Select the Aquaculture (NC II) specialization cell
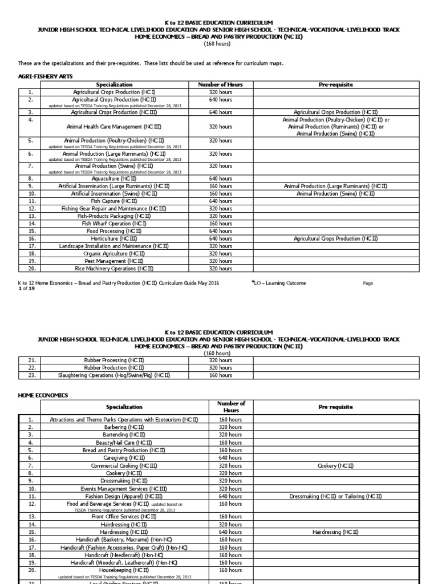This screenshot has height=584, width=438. click(114, 179)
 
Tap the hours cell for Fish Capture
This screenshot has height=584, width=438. click(220, 201)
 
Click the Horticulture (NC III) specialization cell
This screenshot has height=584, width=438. click(114, 238)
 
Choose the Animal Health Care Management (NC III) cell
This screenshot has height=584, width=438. click(114, 127)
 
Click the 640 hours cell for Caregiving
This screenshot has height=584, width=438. click(230, 458)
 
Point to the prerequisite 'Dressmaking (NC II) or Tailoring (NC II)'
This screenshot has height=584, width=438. click(335, 496)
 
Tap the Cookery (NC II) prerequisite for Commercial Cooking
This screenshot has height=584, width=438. click(335, 466)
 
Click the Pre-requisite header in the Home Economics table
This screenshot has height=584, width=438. click(335, 407)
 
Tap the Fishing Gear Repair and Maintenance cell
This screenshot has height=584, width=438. click(114, 209)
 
